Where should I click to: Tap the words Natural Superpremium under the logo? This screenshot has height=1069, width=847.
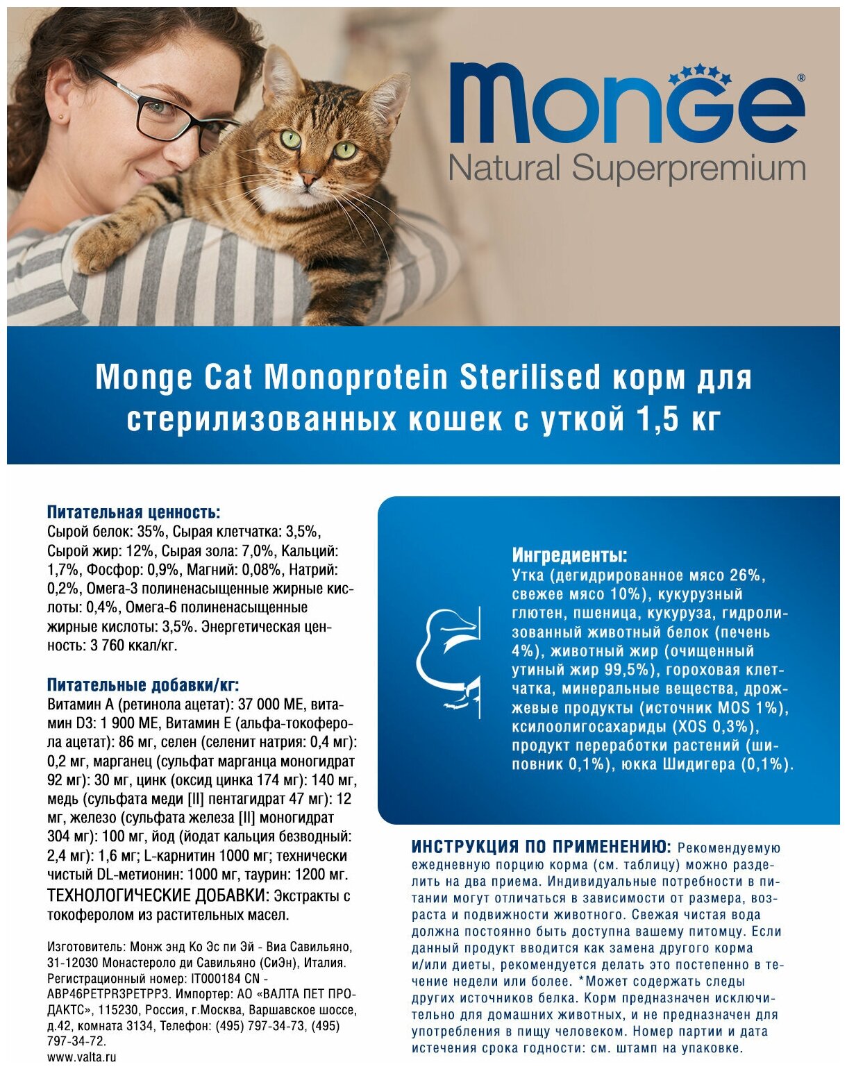627,169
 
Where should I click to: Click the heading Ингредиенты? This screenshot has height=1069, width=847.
569,555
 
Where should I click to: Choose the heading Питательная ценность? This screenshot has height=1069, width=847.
133,512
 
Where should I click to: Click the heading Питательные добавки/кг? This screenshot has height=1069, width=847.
143,686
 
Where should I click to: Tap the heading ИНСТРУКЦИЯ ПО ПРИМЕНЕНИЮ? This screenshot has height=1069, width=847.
541,847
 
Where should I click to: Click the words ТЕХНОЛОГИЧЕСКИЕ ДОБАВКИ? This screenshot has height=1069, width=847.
158,895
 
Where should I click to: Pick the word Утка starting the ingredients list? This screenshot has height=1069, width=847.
530,575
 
